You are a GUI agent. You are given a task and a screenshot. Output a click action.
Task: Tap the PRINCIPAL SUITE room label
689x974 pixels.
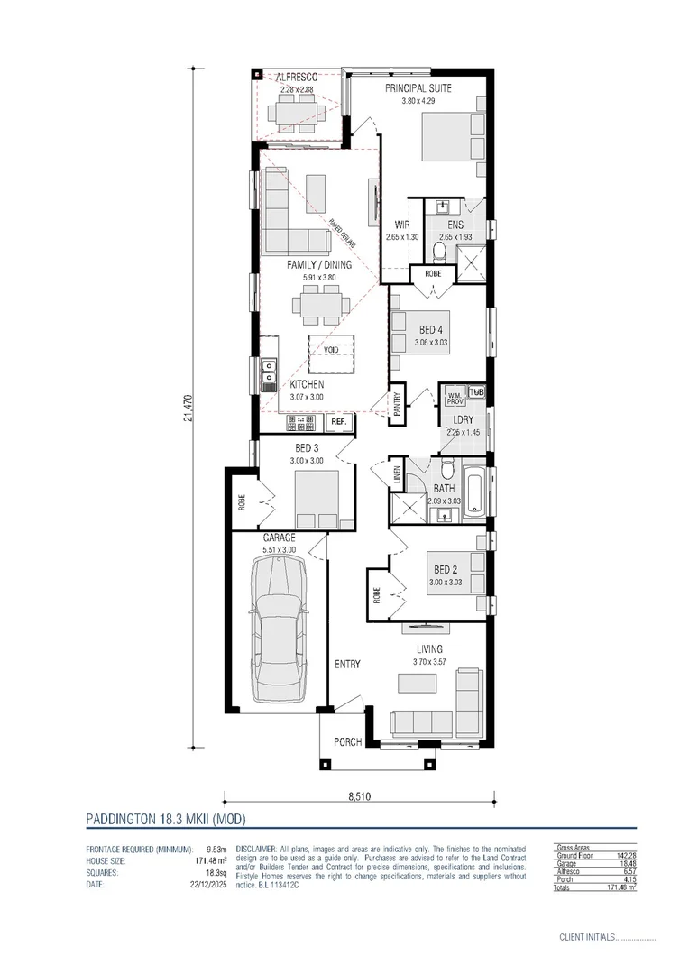click(x=418, y=88)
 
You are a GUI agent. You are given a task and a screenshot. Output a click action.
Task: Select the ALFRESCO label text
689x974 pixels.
click(x=296, y=78)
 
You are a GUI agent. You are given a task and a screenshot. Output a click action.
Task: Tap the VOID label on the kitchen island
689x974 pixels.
click(x=331, y=350)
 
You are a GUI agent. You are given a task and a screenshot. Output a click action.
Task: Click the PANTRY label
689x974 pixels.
click(x=397, y=402)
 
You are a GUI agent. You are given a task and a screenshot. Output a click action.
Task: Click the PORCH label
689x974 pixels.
click(x=347, y=742)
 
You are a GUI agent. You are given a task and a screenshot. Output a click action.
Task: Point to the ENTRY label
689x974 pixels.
click(x=347, y=665)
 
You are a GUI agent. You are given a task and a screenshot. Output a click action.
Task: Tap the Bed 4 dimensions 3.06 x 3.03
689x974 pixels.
click(x=431, y=343)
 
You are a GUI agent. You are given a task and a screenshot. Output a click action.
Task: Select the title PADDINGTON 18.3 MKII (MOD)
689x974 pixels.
click(x=165, y=820)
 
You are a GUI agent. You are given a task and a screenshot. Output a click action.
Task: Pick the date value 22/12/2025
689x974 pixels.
click(x=207, y=885)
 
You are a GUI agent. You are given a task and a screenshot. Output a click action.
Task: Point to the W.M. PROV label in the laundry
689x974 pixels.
click(x=454, y=395)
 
